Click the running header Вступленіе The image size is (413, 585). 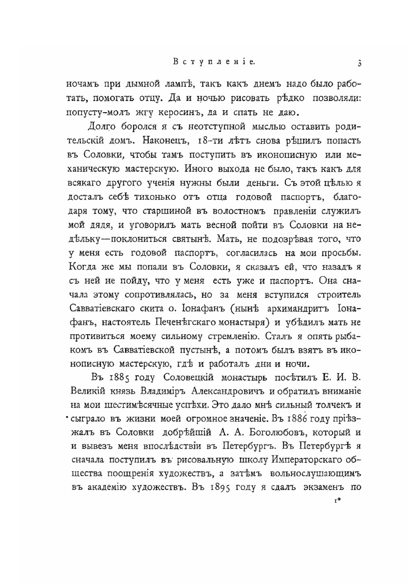pos(214,62)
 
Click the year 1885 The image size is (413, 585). pos(122,377)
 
